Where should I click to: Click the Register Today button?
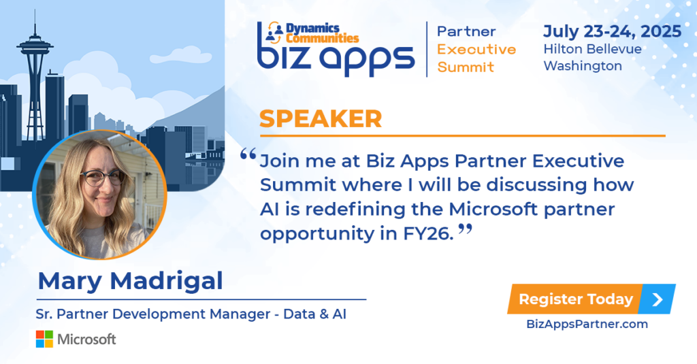pyautogui.click(x=591, y=299)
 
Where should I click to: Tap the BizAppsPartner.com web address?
pyautogui.click(x=587, y=324)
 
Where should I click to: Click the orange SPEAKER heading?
pyautogui.click(x=321, y=118)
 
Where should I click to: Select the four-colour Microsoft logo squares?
pyautogui.click(x=44, y=339)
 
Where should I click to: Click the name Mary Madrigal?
pyautogui.click(x=130, y=281)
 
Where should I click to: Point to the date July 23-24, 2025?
pyautogui.click(x=612, y=31)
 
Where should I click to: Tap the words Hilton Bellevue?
pyautogui.click(x=593, y=49)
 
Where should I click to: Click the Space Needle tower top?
pyautogui.click(x=35, y=44)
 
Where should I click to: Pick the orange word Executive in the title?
pyautogui.click(x=476, y=50)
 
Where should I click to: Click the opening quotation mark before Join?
pyautogui.click(x=248, y=154)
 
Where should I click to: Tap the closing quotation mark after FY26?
pyautogui.click(x=465, y=229)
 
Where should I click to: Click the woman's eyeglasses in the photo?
pyautogui.click(x=102, y=178)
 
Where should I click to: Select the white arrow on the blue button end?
pyautogui.click(x=658, y=299)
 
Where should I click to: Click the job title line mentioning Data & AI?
pyautogui.click(x=191, y=314)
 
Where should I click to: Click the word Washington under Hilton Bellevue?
pyautogui.click(x=583, y=66)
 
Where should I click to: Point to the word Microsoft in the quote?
pyautogui.click(x=493, y=209)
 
